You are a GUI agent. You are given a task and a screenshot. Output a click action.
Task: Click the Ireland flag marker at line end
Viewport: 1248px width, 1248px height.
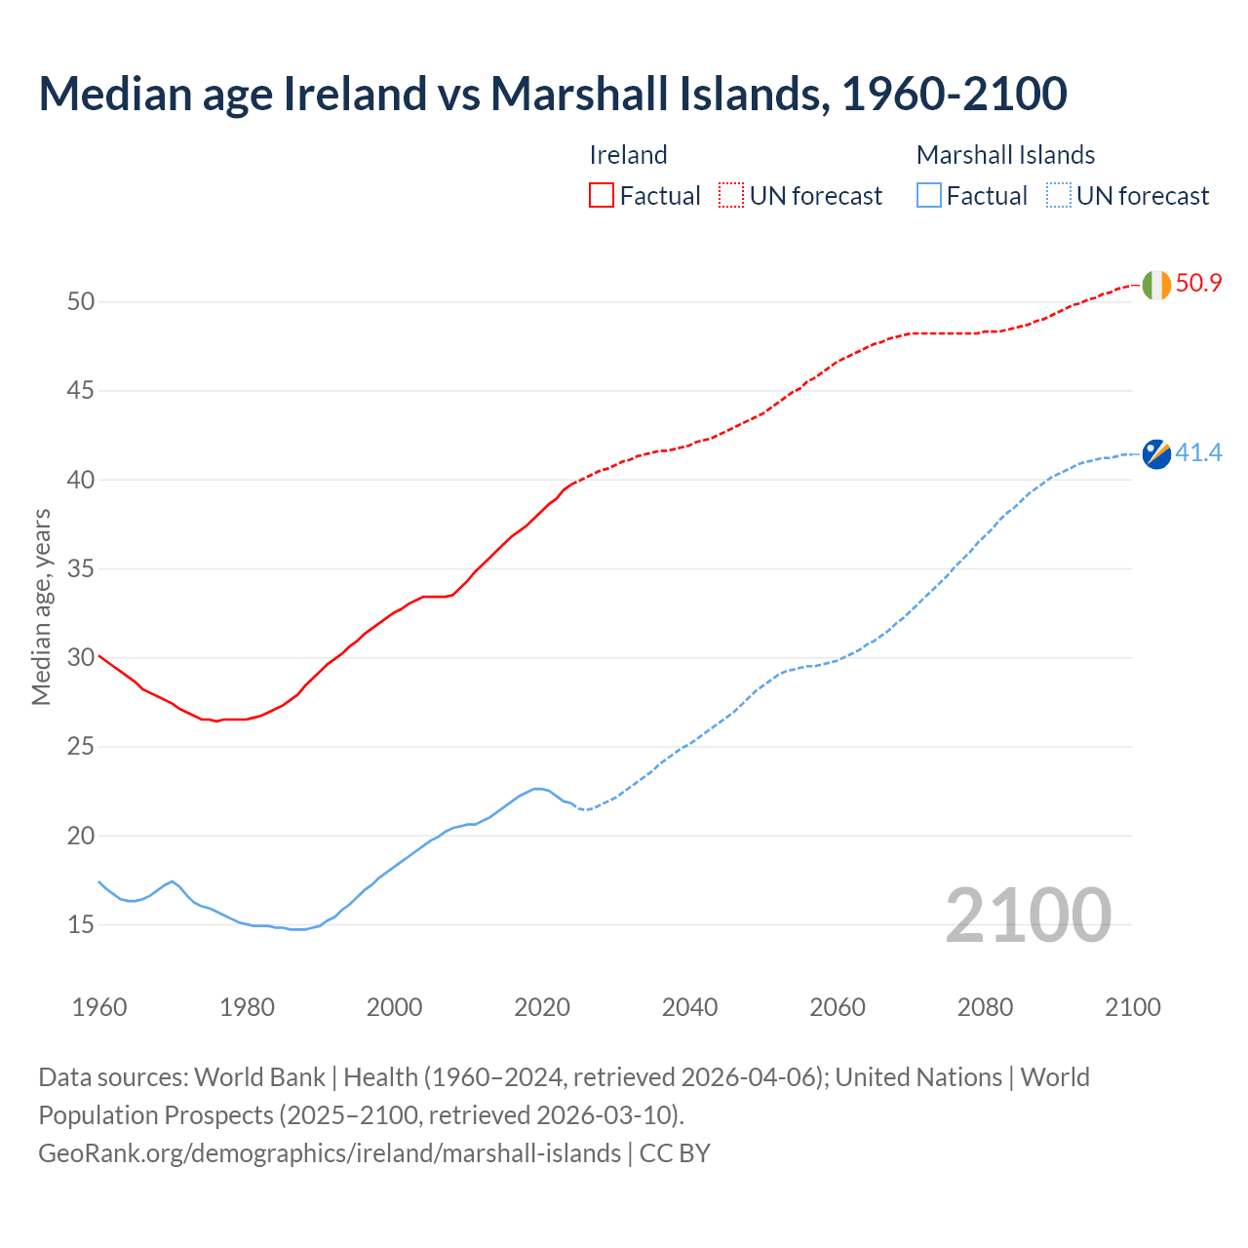click(1155, 285)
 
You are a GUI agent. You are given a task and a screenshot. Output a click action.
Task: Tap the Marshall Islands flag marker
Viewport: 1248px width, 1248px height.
click(1156, 453)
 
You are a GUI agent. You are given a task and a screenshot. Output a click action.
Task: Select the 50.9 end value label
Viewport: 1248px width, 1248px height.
click(1198, 284)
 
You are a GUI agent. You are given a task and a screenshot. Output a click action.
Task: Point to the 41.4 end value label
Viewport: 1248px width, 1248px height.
click(1198, 453)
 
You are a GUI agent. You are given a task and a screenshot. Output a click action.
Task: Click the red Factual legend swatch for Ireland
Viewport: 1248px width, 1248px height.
click(602, 196)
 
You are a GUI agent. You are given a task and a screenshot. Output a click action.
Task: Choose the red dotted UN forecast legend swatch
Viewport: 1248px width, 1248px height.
click(731, 196)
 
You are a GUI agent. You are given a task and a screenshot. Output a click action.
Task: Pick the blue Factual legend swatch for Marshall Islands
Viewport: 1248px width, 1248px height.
click(928, 196)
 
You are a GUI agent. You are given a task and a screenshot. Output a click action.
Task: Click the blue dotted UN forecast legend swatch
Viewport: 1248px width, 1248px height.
click(1058, 196)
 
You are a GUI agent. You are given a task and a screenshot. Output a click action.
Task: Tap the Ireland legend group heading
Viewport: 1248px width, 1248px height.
click(628, 155)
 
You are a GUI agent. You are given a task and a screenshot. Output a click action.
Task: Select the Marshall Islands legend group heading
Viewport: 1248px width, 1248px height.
click(1005, 155)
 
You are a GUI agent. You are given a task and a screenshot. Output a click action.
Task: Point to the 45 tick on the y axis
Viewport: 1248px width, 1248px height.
click(81, 391)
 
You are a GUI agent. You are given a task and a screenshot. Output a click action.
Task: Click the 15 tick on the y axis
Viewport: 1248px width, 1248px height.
click(81, 924)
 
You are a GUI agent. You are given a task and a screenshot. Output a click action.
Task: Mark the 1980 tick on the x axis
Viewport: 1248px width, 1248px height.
click(247, 1007)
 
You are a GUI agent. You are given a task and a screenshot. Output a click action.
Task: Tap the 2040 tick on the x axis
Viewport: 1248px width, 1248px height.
click(689, 1007)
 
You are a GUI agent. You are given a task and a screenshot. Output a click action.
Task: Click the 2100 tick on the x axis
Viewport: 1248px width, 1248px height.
click(1132, 1007)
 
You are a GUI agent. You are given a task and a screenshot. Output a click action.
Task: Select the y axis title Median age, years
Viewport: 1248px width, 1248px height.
click(41, 606)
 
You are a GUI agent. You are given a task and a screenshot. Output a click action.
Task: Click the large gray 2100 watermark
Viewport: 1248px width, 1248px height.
click(1028, 915)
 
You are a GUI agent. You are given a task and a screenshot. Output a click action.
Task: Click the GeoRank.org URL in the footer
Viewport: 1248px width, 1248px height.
click(330, 1153)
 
